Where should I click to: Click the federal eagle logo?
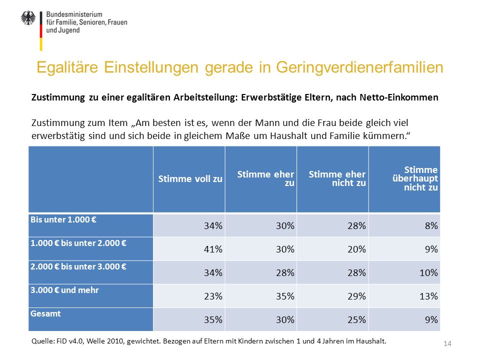coord(28,18)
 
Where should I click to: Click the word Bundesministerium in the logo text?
coord(74,14)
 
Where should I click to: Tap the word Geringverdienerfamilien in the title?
coord(359,67)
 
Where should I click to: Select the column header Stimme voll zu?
coord(190,179)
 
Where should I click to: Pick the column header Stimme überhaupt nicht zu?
coord(415,178)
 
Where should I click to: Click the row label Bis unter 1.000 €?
coord(63,219)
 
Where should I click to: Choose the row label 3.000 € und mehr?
coord(64,290)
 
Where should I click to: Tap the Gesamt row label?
coord(45,313)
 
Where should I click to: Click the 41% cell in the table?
coord(213,249)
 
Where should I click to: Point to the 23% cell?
coord(213,296)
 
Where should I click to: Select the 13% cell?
coord(428,296)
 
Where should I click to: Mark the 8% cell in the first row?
coord(431,225)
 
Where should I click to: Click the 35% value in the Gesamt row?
coord(213,320)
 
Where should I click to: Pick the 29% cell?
coord(356,296)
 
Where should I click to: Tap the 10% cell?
coord(428,273)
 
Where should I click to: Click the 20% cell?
coord(356,249)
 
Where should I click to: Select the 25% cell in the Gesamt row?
coord(356,320)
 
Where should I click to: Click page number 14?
coord(447,344)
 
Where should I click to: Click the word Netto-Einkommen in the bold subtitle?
coord(399,97)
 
